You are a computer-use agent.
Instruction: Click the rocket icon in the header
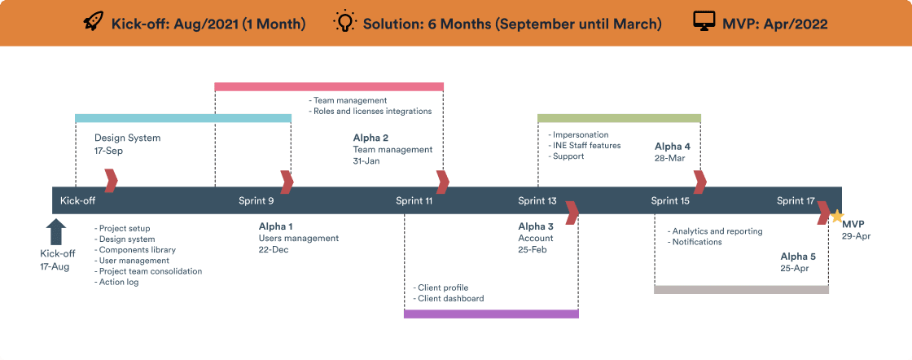tap(94, 22)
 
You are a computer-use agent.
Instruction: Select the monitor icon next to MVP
tap(704, 22)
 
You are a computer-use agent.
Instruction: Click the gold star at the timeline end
tap(836, 216)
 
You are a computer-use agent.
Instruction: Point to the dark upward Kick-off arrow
tap(56, 231)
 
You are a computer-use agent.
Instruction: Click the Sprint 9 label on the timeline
tap(256, 200)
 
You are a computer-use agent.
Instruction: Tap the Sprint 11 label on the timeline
tap(414, 200)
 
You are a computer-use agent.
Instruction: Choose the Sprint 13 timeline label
tap(537, 200)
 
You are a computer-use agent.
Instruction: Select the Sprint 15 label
tap(670, 200)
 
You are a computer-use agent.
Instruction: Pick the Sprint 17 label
tap(796, 200)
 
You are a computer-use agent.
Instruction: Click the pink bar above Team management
tap(329, 86)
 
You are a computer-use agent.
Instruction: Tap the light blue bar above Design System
tap(183, 118)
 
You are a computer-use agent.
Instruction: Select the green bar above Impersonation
tap(619, 118)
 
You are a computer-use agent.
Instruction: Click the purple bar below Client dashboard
tap(491, 314)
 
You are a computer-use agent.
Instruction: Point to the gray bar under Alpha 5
tap(741, 289)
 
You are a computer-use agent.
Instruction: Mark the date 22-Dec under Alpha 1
tap(274, 250)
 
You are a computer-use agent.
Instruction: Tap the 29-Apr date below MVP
tap(856, 235)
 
